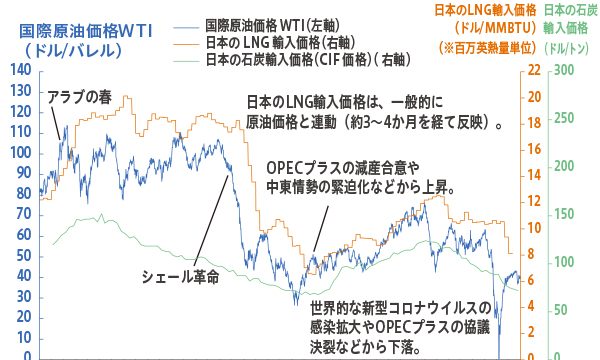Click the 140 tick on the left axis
[18, 70]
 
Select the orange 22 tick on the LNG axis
[536, 70]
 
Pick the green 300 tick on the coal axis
[565, 70]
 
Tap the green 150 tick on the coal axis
[565, 214]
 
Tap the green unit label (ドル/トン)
[569, 46]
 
